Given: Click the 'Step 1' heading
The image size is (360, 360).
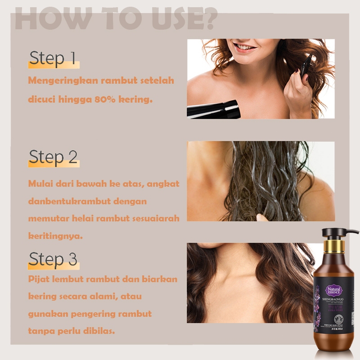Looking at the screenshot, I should pos(53,58).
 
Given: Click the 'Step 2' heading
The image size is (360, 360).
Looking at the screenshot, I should pos(53,157).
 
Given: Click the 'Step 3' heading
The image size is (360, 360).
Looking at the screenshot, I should pos(53,259).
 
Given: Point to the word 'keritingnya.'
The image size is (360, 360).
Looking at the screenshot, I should pos(55,235).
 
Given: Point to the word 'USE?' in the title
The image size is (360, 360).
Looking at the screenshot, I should pos(183,19).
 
